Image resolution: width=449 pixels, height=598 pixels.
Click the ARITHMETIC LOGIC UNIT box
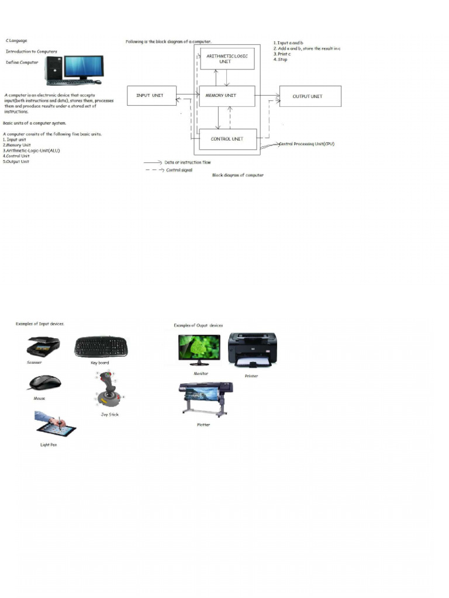pyautogui.click(x=227, y=58)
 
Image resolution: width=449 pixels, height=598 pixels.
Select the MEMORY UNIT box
pyautogui.click(x=227, y=96)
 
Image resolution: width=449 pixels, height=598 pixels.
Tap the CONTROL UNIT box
pyautogui.click(x=227, y=139)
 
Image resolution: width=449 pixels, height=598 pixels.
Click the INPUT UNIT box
pyautogui.click(x=151, y=96)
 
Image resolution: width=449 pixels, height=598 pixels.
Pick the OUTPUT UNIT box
pyautogui.click(x=310, y=96)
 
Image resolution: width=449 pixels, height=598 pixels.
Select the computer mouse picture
pyautogui.click(x=44, y=383)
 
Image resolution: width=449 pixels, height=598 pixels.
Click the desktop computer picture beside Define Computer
pyautogui.click(x=75, y=69)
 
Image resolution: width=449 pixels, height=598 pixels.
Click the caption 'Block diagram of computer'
pyautogui.click(x=237, y=175)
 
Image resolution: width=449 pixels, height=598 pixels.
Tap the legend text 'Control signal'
pyautogui.click(x=179, y=170)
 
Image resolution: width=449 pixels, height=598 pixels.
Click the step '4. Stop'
pyautogui.click(x=281, y=60)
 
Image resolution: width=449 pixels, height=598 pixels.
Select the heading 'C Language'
pyautogui.click(x=16, y=41)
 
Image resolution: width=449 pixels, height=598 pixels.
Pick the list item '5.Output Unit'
pyautogui.click(x=16, y=162)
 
